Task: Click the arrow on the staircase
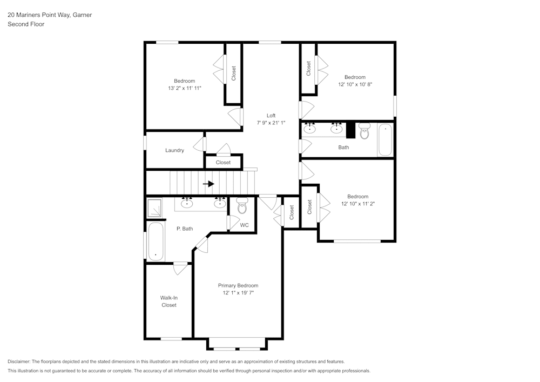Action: pos(208,184)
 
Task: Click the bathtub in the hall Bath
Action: pos(386,140)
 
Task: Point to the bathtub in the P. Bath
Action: pos(156,241)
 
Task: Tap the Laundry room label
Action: pos(174,150)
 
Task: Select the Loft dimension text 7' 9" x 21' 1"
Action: pos(271,123)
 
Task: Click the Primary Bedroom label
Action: pos(238,285)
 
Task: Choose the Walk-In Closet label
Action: pos(168,301)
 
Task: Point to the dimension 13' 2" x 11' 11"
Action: pos(185,88)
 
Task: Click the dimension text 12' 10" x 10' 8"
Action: pos(355,84)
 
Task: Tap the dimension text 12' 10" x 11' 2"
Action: pos(358,204)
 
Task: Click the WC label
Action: pos(244,225)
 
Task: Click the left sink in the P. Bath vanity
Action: pos(187,203)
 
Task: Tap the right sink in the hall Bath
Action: pos(336,129)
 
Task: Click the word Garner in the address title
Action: pos(82,15)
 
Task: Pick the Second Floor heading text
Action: pos(26,24)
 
